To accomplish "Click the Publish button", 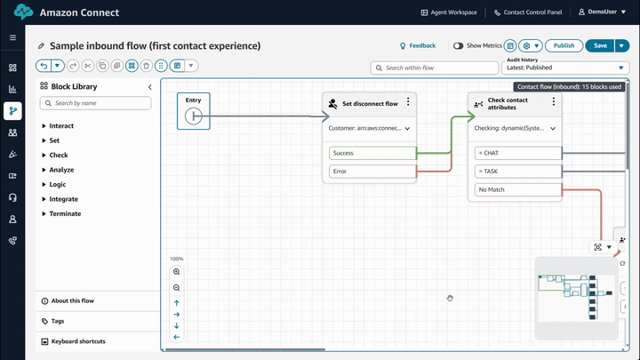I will coord(564,45).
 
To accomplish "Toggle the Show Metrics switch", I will coord(459,45).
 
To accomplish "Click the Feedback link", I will coord(418,45).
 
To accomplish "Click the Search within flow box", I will coord(436,68).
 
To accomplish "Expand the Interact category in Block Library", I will coord(61,126).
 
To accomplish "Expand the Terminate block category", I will coord(65,213).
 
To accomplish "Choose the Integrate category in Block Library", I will coord(63,199).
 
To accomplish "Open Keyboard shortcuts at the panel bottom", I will coord(79,341).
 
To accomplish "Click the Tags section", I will coord(58,321).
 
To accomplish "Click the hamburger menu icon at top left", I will coord(12,38).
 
